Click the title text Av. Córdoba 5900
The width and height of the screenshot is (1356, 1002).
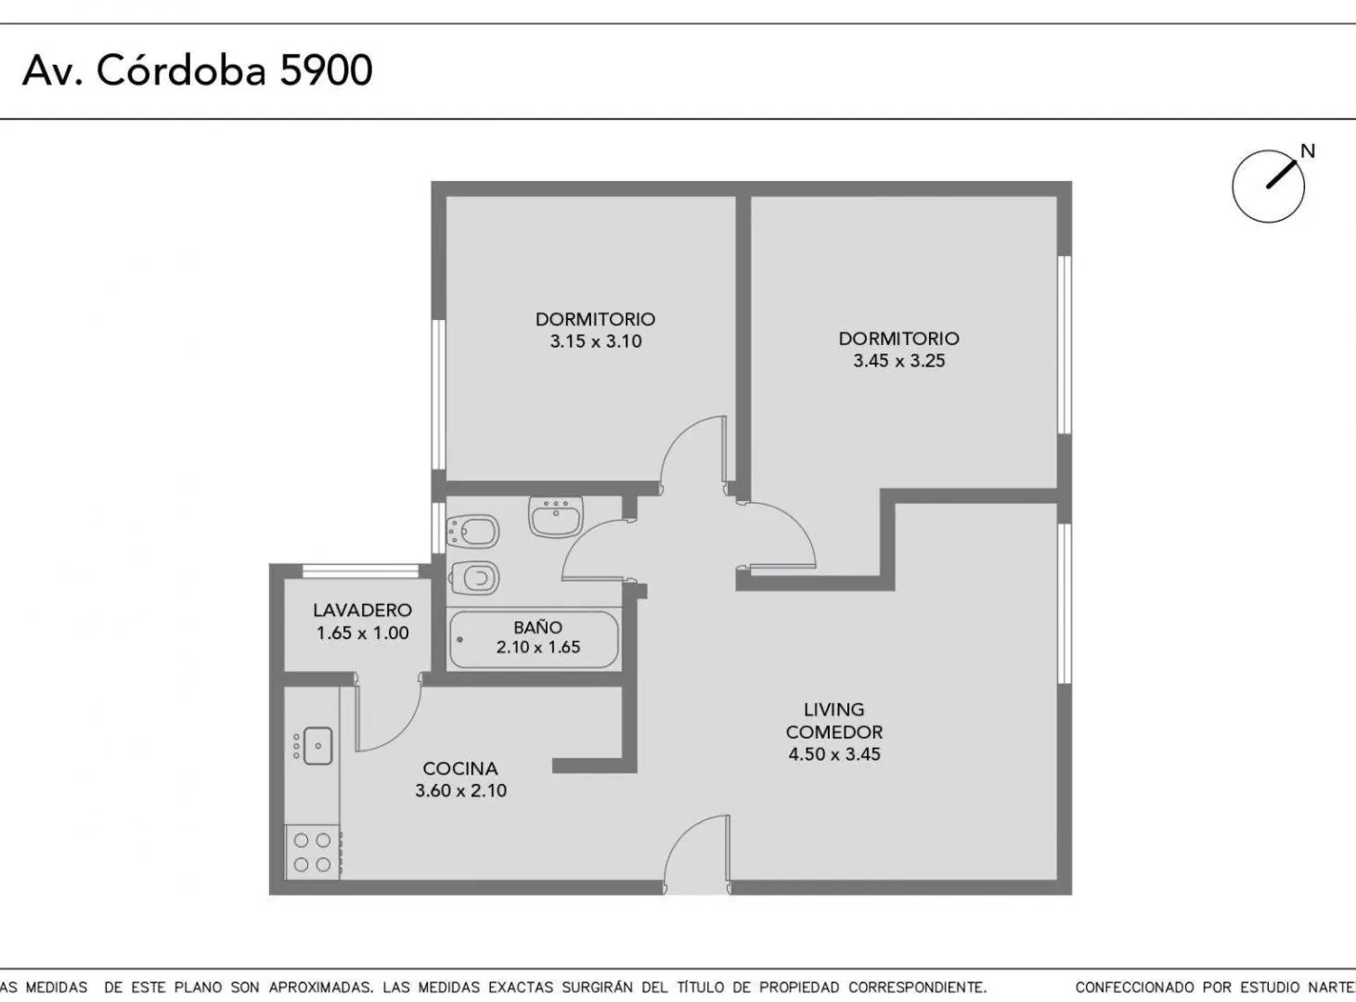[x=197, y=71]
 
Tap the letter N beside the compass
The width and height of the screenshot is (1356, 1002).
[x=1307, y=151]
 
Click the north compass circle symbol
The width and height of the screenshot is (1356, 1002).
[x=1268, y=186]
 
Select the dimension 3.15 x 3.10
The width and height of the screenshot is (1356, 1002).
[x=596, y=341]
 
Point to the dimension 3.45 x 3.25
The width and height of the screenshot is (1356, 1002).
[x=898, y=361]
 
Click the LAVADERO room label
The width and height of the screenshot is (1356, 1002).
[x=363, y=610]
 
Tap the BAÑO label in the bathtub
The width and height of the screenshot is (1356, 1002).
[x=538, y=627]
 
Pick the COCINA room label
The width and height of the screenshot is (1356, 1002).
[x=460, y=768]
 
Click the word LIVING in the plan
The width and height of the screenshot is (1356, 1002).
[x=833, y=710]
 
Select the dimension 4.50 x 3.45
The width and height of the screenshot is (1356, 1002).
[x=833, y=754]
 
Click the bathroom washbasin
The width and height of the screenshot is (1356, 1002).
[x=556, y=517]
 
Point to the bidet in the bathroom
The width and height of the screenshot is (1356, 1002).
[x=472, y=532]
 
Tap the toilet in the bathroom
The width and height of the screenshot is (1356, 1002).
[x=473, y=577]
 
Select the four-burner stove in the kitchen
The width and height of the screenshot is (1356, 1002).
[x=313, y=853]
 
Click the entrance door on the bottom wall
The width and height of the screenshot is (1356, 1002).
[x=696, y=854]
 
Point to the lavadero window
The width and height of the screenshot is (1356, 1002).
[x=361, y=571]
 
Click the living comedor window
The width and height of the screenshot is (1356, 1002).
[x=1065, y=603]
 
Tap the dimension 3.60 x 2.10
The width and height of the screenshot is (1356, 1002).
[x=461, y=791]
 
